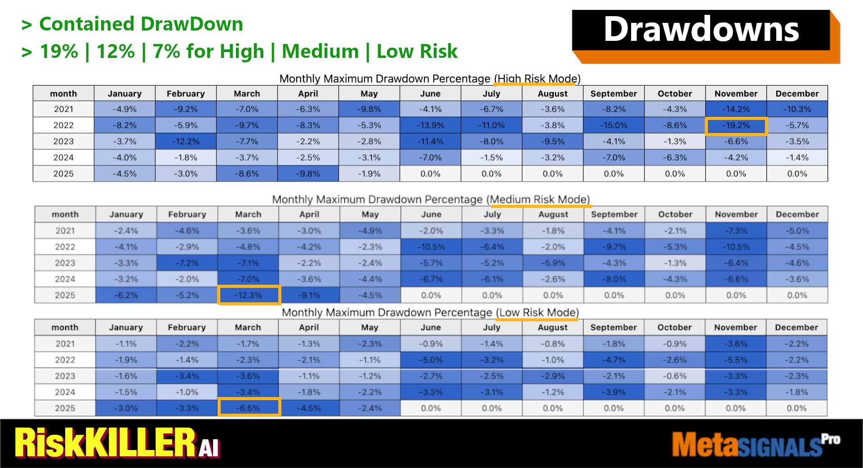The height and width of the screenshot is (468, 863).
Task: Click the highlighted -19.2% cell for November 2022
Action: tap(736, 126)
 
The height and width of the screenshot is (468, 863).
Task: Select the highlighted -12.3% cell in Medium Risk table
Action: tap(249, 296)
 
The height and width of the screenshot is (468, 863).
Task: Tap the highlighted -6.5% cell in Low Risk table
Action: tap(249, 408)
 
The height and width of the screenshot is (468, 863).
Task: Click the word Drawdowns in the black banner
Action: tap(701, 30)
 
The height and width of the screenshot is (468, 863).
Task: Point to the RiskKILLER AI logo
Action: tap(117, 443)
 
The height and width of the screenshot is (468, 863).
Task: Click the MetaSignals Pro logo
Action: tap(755, 444)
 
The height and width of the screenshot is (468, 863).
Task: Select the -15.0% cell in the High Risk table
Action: tap(614, 126)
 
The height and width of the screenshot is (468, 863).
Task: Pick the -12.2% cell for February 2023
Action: tap(186, 142)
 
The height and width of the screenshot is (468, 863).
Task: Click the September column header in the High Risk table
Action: tap(614, 94)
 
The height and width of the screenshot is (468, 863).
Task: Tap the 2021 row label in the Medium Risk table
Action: tap(65, 231)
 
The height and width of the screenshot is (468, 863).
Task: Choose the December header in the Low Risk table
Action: tap(796, 327)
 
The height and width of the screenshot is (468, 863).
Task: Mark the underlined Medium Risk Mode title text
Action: tap(540, 199)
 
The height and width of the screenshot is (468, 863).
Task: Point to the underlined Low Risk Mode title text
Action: tap(538, 313)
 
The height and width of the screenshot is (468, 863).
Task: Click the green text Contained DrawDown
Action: tap(141, 24)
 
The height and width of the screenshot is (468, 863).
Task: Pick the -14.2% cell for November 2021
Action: tap(736, 110)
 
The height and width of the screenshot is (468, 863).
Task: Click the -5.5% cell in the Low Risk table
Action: tap(736, 360)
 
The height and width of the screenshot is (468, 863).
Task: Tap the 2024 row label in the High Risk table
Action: tap(63, 158)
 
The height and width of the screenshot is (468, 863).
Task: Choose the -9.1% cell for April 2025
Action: tap(309, 296)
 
